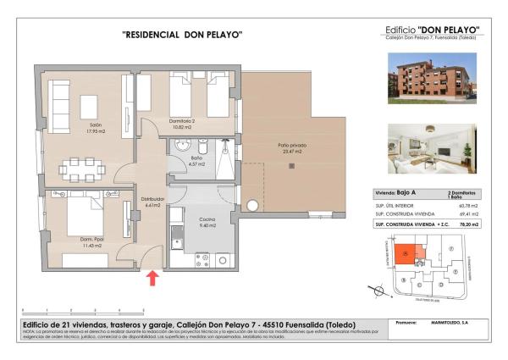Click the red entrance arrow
pos(153,278)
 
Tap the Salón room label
pos(95,126)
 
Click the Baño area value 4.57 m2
pos(196,164)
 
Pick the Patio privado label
pos(291,146)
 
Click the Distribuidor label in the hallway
pos(152,199)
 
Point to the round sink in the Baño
pos(181,145)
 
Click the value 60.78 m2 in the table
pos(467,205)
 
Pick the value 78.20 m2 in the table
pos(467,225)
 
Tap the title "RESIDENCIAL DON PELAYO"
pos(183,35)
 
